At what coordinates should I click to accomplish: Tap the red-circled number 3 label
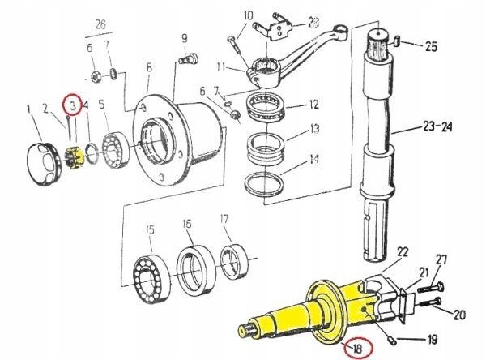point(72,105)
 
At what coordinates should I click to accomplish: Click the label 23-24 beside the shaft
point(434,126)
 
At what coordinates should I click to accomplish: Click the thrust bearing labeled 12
point(270,104)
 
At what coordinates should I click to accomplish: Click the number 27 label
point(442,259)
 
